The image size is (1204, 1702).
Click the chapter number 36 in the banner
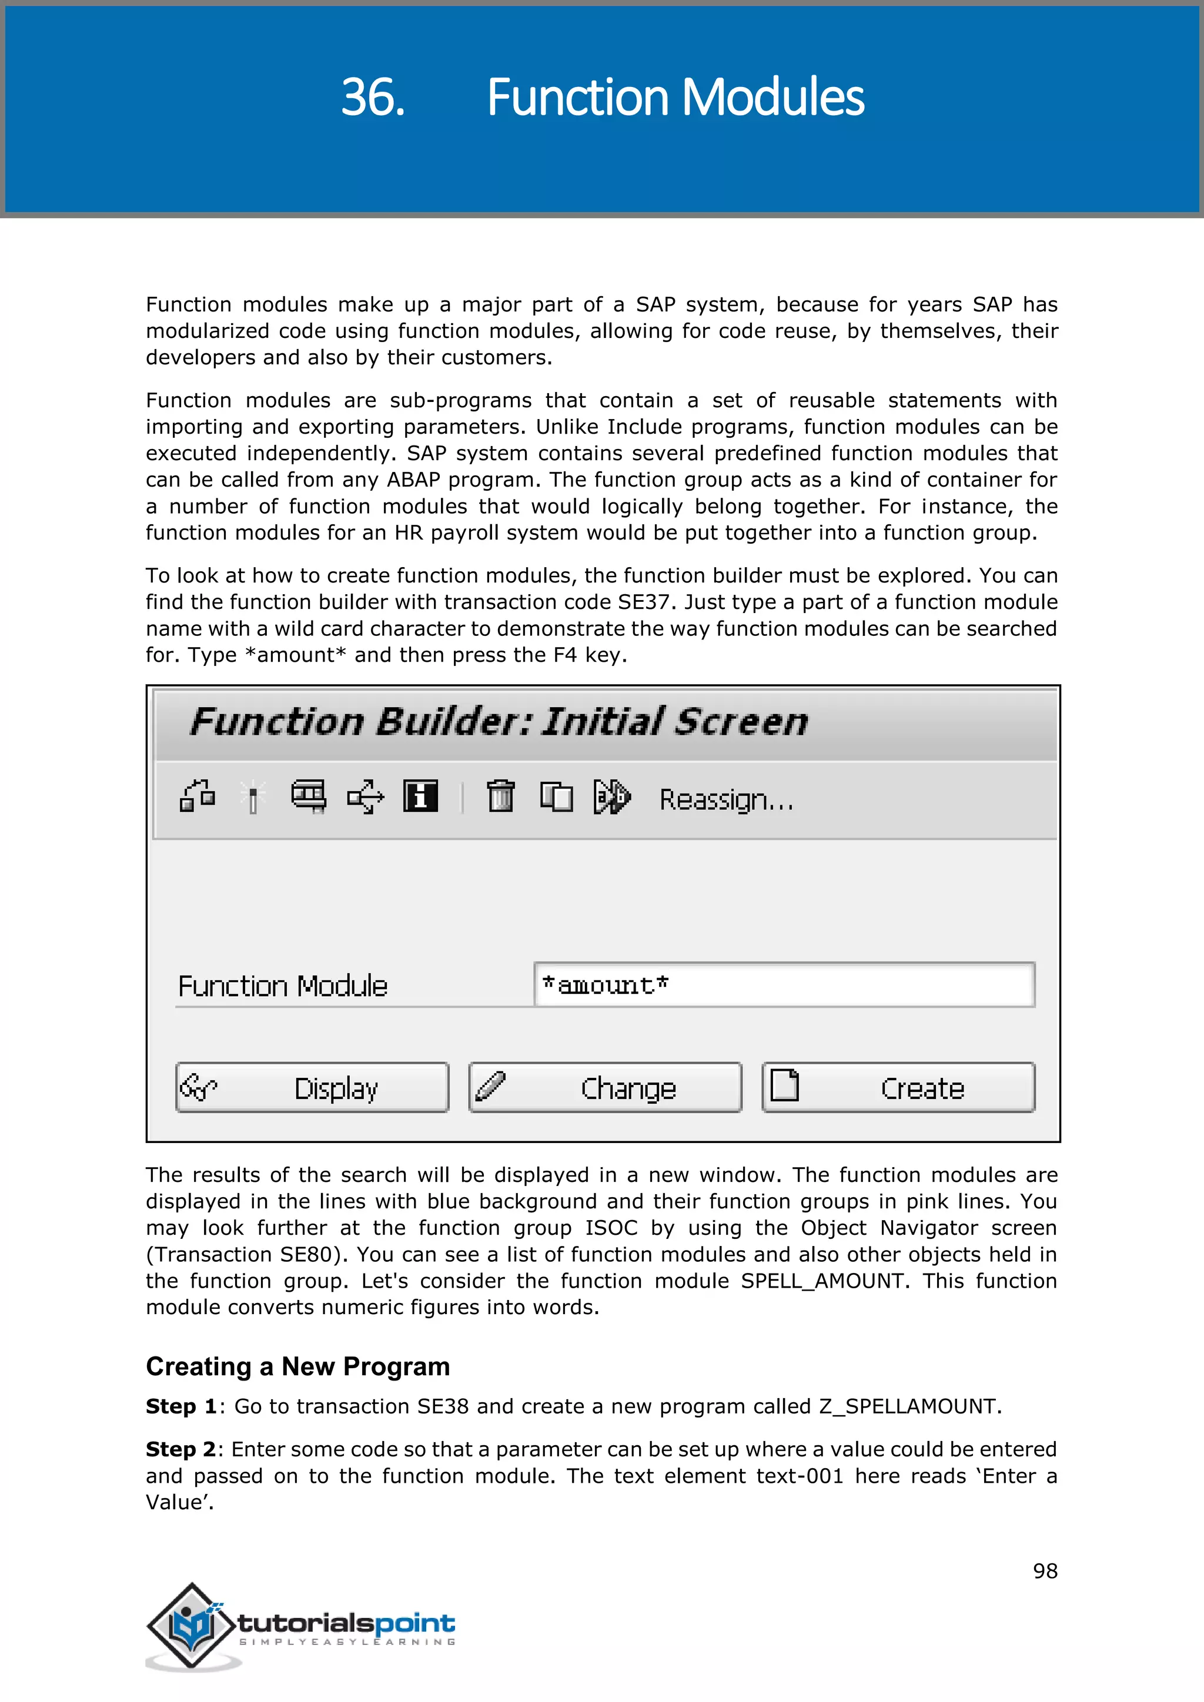click(x=372, y=98)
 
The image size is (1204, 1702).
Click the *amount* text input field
click(x=784, y=985)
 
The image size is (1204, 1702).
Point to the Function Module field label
click(x=282, y=987)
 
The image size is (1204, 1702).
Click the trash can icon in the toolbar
click(x=500, y=797)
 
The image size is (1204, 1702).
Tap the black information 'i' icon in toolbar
click(x=420, y=797)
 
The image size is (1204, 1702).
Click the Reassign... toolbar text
click(x=726, y=800)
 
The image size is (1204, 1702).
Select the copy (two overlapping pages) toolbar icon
click(x=556, y=798)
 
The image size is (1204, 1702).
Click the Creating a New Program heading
click(x=298, y=1366)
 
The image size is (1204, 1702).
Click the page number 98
click(x=1045, y=1571)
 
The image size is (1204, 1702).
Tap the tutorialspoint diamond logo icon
click(x=191, y=1626)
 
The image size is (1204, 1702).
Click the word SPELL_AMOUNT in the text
click(x=822, y=1281)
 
